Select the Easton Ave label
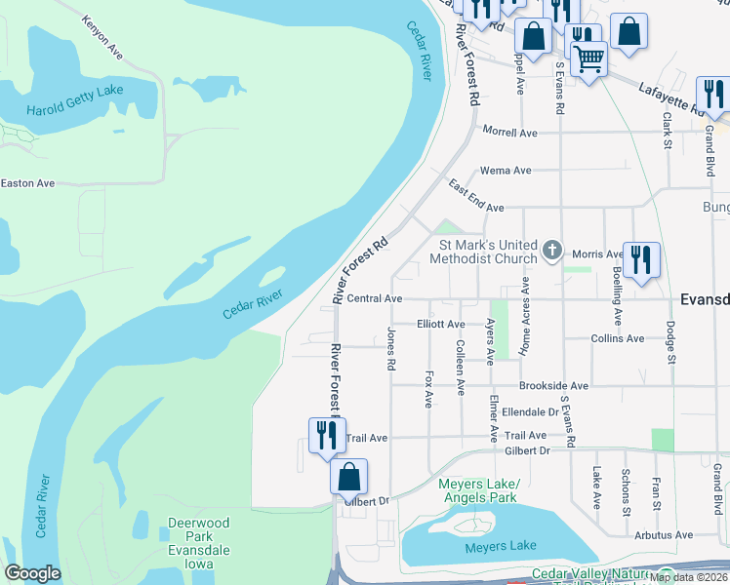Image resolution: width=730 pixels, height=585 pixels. [x=27, y=182]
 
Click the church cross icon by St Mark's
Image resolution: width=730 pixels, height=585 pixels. [x=552, y=251]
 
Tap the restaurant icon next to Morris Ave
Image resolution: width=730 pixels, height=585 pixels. [x=641, y=260]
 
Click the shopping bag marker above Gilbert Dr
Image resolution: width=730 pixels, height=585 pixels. [x=349, y=478]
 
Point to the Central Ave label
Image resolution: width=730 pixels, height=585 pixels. [x=375, y=298]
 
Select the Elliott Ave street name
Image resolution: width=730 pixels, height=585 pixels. [x=440, y=324]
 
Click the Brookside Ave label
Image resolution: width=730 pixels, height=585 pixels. [x=553, y=386]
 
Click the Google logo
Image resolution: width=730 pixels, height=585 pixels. [x=32, y=573]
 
